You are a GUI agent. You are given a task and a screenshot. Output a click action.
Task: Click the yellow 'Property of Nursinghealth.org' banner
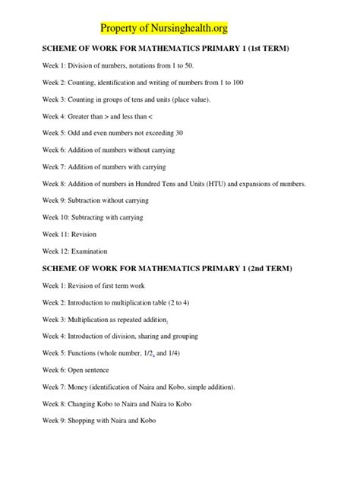[164, 28]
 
